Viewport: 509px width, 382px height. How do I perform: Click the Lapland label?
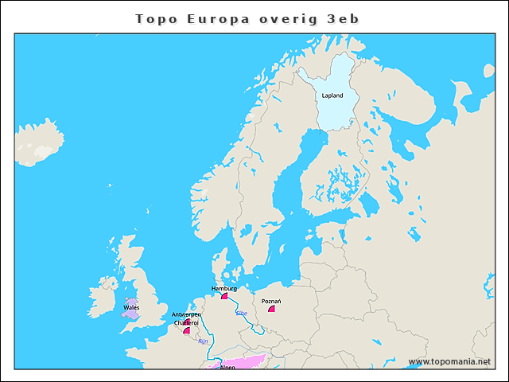[332, 95]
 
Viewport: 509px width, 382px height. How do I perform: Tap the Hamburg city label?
[224, 288]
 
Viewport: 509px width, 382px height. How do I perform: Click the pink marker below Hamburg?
[224, 296]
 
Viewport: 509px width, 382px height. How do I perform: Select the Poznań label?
[271, 302]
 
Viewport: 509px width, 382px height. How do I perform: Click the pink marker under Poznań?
[271, 310]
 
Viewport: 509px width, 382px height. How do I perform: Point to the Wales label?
[131, 306]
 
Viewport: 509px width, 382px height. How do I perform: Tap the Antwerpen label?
[186, 315]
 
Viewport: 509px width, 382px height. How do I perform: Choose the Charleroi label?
[185, 323]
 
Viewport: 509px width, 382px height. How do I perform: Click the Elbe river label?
[241, 314]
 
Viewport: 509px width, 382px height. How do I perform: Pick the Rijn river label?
[203, 341]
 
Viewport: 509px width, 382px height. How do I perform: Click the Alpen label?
[228, 368]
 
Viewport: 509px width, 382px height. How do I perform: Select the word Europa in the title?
[218, 18]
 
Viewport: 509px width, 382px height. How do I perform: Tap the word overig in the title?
[286, 18]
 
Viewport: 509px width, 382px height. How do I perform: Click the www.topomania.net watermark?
[449, 361]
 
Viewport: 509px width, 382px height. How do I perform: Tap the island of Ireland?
[102, 296]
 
